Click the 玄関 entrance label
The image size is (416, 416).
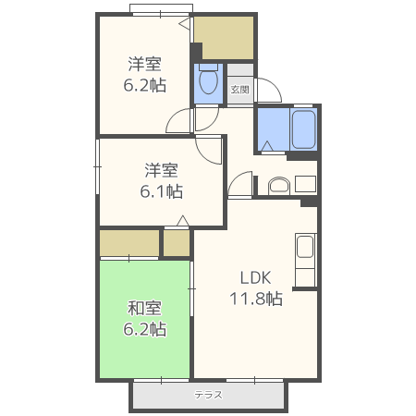239,90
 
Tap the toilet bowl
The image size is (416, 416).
207,83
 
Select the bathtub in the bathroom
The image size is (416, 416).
304,130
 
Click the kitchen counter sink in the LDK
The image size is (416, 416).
305,249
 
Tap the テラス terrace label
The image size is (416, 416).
208,395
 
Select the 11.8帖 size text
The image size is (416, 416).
256,298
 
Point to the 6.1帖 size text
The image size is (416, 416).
161,191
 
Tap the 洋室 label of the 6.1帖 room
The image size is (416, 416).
161,170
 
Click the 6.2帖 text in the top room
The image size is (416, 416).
145,85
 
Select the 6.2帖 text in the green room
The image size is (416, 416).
146,328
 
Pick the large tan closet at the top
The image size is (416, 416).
224,38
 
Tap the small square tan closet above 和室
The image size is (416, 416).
177,243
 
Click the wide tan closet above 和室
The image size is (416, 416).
129,243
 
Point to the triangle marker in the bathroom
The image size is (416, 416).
266,145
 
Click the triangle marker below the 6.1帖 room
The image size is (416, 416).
182,220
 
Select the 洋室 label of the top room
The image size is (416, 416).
145,64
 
